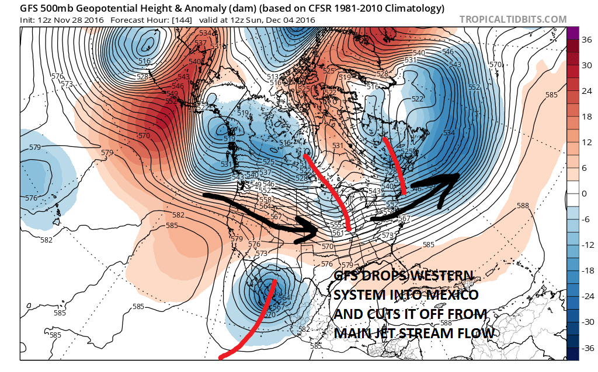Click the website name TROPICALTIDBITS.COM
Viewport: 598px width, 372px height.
pyautogui.click(x=513, y=19)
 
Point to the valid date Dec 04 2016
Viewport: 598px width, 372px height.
pyautogui.click(x=291, y=20)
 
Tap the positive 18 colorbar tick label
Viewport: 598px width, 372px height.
pyautogui.click(x=585, y=117)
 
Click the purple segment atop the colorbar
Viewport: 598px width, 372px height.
pyautogui.click(x=572, y=33)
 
